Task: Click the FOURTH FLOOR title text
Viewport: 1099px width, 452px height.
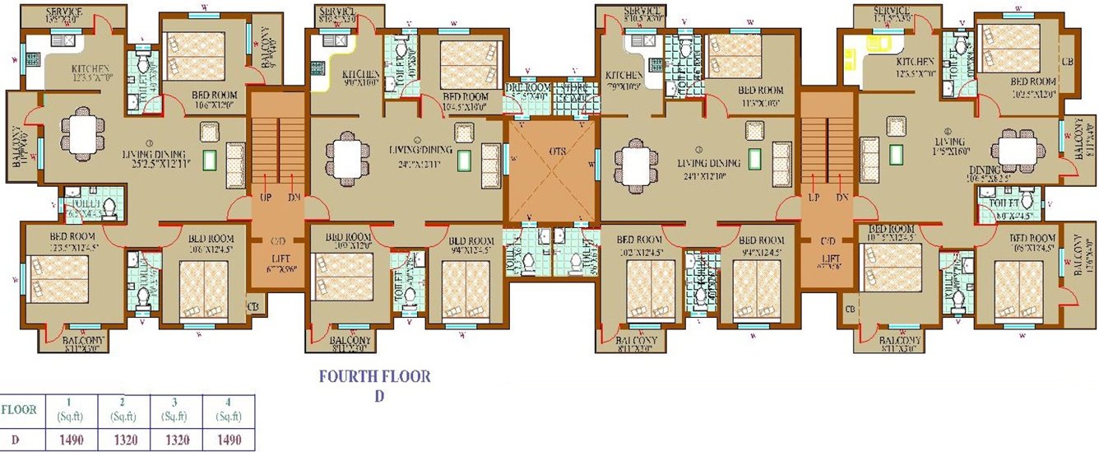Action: tap(374, 377)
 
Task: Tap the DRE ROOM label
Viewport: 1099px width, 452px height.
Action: tap(526, 87)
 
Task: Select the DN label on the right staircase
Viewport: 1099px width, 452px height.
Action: tap(842, 198)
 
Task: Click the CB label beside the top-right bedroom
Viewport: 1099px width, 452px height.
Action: tap(1067, 62)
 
